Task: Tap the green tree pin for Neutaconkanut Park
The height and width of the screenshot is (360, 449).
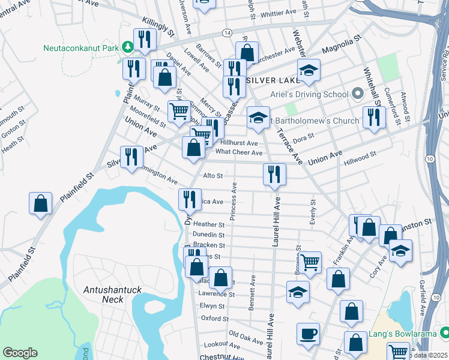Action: point(127,46)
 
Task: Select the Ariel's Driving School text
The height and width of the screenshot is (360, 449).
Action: point(309,94)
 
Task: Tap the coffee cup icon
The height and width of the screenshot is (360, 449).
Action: point(309,334)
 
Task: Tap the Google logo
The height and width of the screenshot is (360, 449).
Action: point(20,352)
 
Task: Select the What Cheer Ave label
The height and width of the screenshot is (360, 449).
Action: point(239,152)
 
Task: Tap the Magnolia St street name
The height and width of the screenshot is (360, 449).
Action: point(342,46)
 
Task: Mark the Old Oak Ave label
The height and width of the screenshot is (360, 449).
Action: point(246,337)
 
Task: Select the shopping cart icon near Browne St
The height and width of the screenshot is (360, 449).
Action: point(310,261)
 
